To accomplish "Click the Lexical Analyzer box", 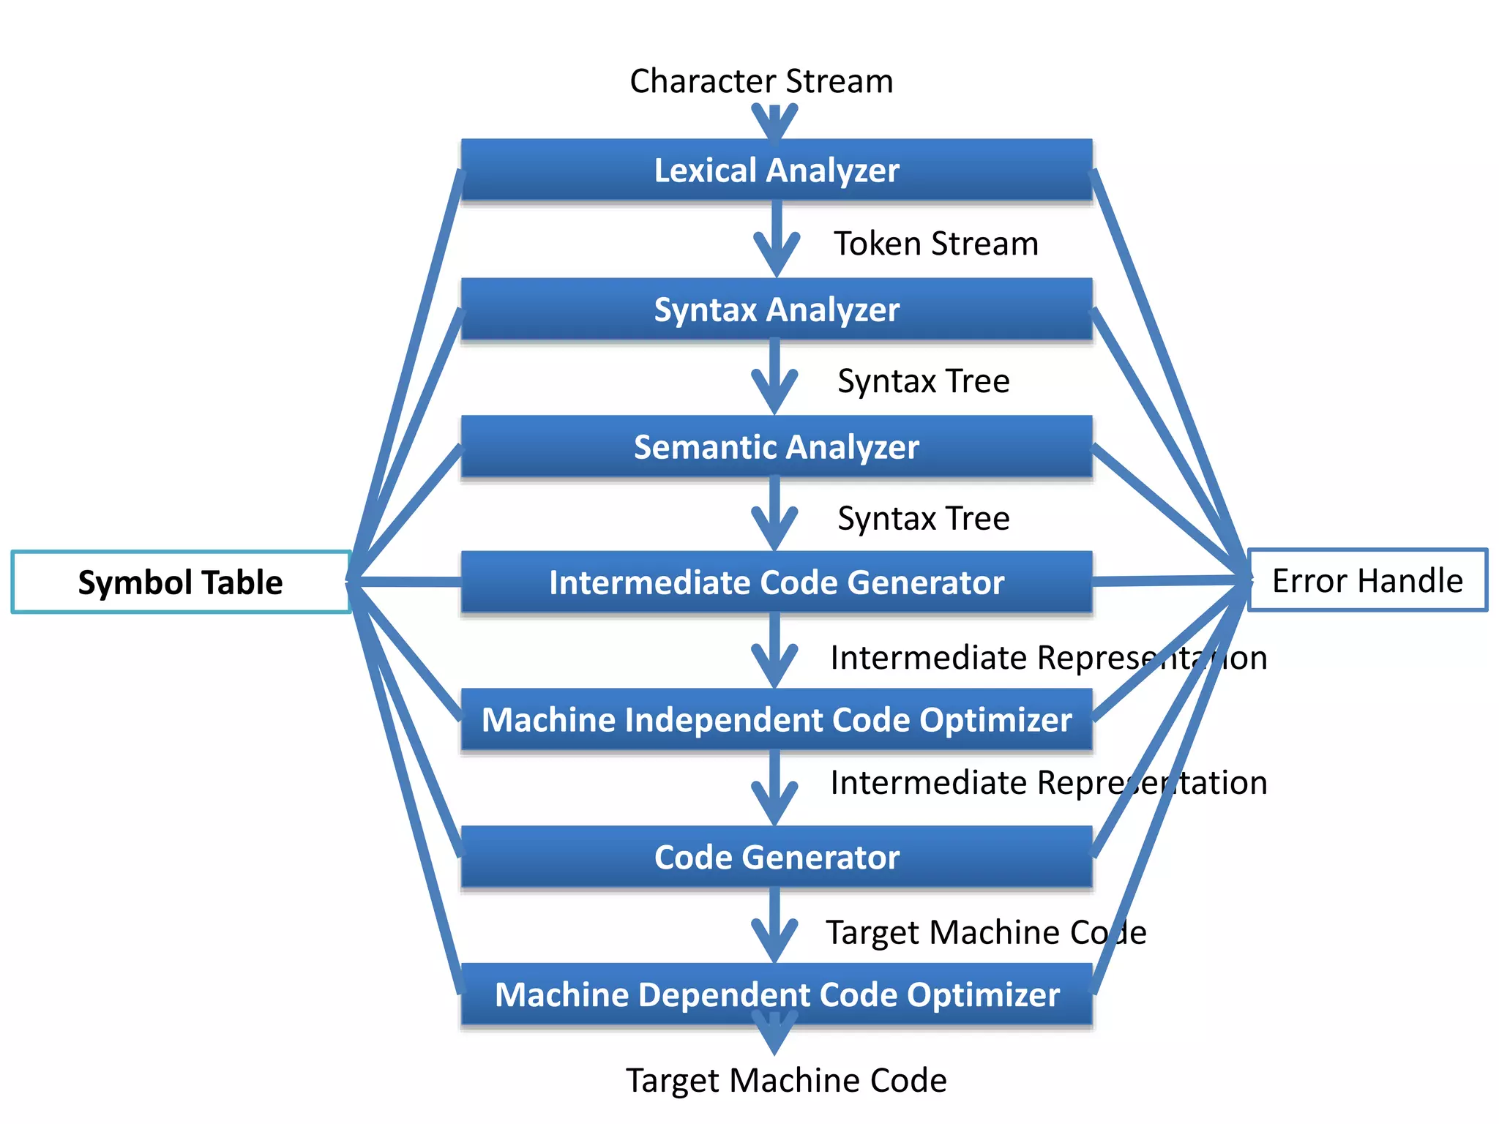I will tap(776, 170).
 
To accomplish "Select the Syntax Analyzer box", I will tap(776, 309).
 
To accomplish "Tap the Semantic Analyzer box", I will tap(776, 446).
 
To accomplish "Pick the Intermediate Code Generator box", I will tap(776, 582).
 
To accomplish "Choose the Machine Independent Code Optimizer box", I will tap(776, 720).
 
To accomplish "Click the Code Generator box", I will tap(776, 857).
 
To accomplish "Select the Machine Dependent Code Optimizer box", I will tap(776, 994).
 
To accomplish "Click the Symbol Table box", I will tap(180, 582).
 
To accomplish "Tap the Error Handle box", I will tap(1367, 580).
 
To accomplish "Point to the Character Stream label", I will tap(761, 81).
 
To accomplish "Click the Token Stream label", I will tap(936, 244).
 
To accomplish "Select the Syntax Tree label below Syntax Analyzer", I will tap(924, 381).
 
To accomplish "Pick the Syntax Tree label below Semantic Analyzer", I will tap(924, 518).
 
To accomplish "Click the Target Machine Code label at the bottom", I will tap(786, 1080).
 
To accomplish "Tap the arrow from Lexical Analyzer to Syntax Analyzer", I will tap(776, 238).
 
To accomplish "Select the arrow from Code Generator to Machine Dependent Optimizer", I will tap(774, 926).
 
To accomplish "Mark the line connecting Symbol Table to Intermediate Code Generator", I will tap(406, 582).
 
